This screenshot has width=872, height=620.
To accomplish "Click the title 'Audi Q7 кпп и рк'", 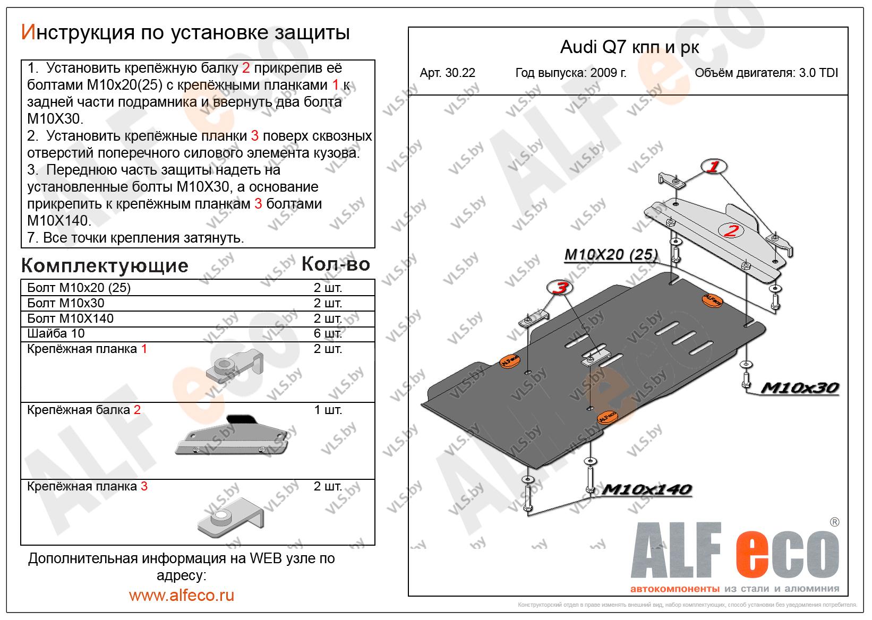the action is pyautogui.click(x=629, y=47).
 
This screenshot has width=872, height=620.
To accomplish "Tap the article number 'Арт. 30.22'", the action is pyautogui.click(x=447, y=73).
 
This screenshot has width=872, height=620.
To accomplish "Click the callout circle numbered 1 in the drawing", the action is pyautogui.click(x=714, y=167).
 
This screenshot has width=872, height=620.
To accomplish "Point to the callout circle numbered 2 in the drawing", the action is pyautogui.click(x=731, y=230).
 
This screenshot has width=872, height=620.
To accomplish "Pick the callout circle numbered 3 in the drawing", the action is pyautogui.click(x=560, y=287).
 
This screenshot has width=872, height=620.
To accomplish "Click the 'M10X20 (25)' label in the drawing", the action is pyautogui.click(x=611, y=254).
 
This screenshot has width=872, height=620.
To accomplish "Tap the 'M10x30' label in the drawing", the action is pyautogui.click(x=800, y=387).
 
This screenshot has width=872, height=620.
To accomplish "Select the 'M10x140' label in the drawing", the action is pyautogui.click(x=647, y=489).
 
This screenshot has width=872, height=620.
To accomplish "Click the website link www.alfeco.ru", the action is pyautogui.click(x=182, y=595).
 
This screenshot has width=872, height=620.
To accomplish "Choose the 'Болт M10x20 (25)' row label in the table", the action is pyautogui.click(x=79, y=288).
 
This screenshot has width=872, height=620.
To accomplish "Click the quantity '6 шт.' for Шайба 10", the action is pyautogui.click(x=328, y=333).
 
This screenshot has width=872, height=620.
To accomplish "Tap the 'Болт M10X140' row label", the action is pyautogui.click(x=71, y=318).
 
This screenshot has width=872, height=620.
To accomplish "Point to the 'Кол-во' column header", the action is pyautogui.click(x=336, y=264).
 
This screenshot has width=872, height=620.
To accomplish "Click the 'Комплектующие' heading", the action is pyautogui.click(x=105, y=266).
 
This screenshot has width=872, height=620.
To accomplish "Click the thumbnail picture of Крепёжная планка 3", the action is pyautogui.click(x=230, y=518).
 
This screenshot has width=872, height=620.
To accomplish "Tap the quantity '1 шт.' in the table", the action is pyautogui.click(x=328, y=410).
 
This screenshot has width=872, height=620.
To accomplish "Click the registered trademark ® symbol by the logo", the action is pyautogui.click(x=834, y=522).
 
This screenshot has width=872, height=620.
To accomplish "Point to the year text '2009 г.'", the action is pyautogui.click(x=609, y=73).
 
